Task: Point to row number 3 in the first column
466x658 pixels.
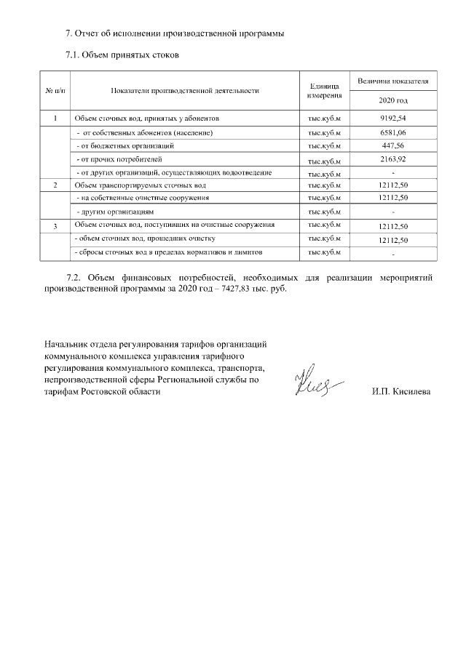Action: (55, 227)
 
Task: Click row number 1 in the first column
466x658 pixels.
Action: (55, 118)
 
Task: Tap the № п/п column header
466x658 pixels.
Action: (55, 91)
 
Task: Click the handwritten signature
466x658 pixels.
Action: (316, 382)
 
